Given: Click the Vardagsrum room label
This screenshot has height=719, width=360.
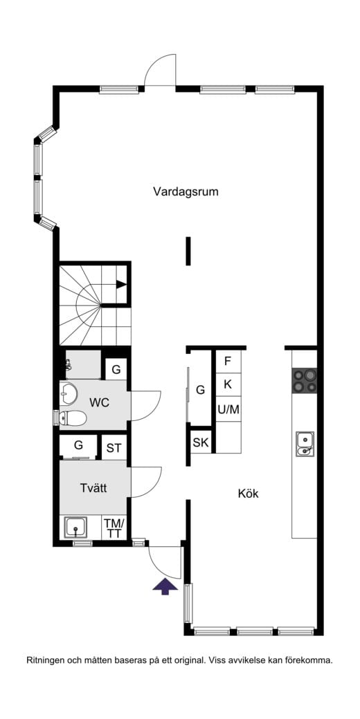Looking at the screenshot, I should coord(186,192).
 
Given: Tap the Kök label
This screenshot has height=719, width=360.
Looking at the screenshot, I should coord(248,494).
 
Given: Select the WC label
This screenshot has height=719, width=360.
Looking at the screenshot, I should coord(100,402).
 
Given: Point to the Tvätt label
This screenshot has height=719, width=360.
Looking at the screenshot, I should coord(93,487).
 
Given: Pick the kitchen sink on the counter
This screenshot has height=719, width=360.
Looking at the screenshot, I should coord(304,443).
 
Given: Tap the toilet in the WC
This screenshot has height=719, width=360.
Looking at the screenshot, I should coord(72,417).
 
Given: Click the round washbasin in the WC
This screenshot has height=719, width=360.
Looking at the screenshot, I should coord(69,393).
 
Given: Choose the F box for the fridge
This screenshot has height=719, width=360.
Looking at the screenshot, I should coord(227,361).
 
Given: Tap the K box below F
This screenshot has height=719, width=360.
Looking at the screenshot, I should coord(227,384).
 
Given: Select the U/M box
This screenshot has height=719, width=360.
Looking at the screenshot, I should coord(228,409).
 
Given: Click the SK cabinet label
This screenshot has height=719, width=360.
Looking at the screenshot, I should coord(201,442).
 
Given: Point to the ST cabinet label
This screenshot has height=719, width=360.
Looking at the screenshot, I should coord(114,448).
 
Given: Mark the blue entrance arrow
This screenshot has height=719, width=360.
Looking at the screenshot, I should coord(165,586).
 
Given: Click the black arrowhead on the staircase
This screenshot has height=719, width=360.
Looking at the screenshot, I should coord(121,283).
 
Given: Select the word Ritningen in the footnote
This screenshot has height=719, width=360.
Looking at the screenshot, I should coord(45,660).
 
